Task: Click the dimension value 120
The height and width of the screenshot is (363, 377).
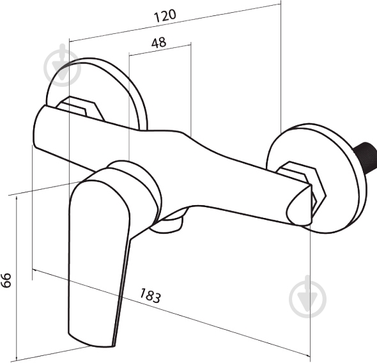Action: (x=165, y=15)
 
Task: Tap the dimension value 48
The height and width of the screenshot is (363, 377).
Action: (x=158, y=43)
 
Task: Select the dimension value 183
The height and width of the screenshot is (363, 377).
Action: (x=150, y=295)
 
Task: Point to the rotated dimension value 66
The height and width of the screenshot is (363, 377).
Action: (x=6, y=280)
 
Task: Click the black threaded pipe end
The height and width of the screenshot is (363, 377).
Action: (x=365, y=157)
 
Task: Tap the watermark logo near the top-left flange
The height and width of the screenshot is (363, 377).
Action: (x=62, y=65)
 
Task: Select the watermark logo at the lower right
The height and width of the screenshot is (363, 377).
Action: (x=308, y=297)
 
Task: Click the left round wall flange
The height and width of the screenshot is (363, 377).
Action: (x=96, y=94)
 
